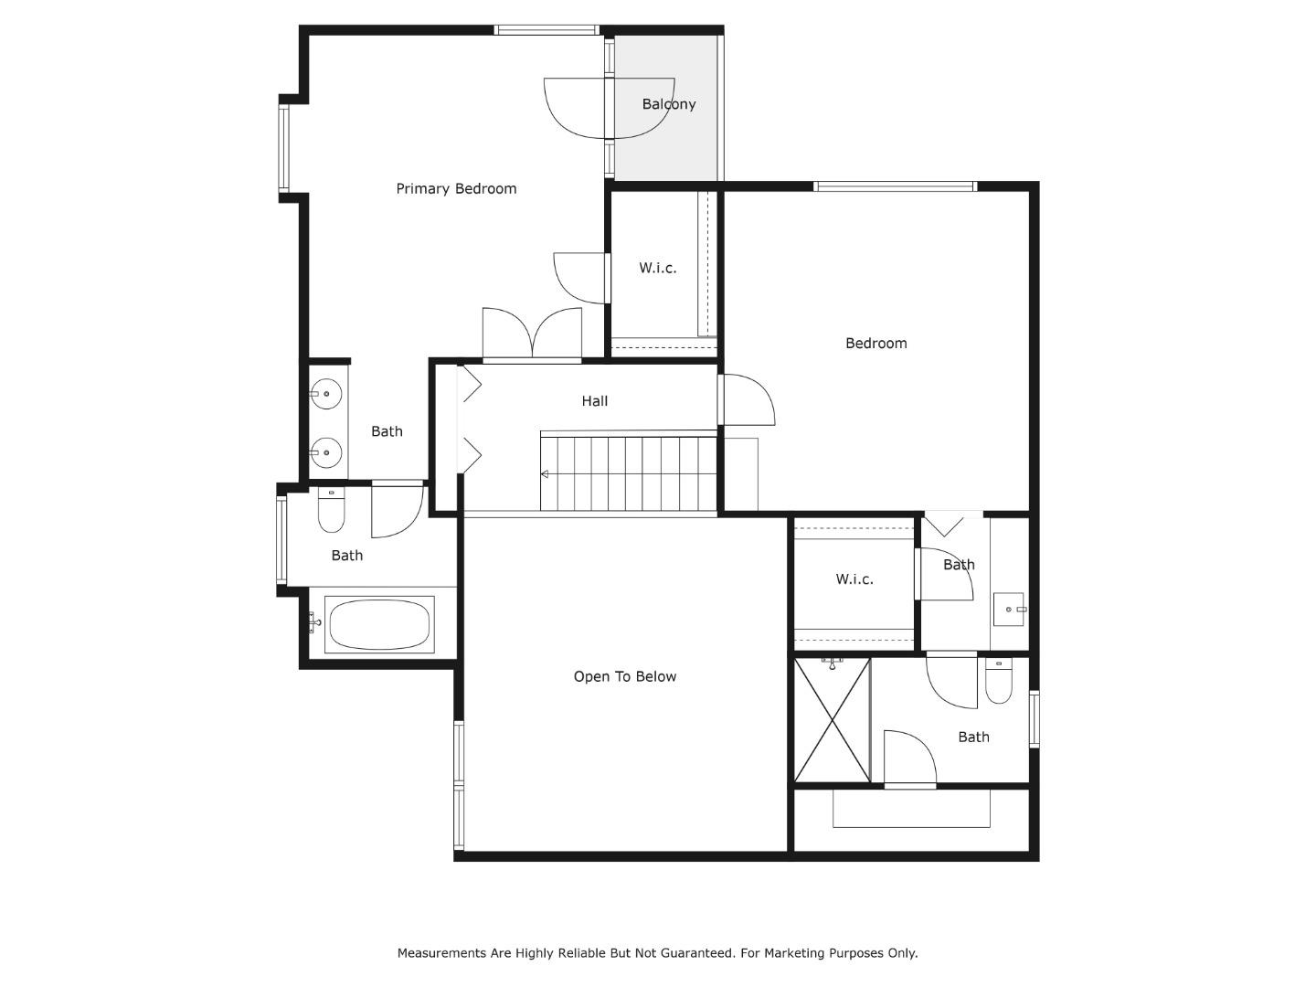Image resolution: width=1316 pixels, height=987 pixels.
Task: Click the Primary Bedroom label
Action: [x=456, y=189]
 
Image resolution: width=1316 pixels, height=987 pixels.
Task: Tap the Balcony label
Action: [x=668, y=104]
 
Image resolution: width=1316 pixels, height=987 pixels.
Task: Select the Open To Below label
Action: [x=624, y=677]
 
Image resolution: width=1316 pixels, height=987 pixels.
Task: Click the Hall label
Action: [x=594, y=401]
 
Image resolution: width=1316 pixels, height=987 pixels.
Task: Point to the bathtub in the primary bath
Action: [x=378, y=625]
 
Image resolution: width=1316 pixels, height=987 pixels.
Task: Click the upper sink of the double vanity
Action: [x=325, y=395]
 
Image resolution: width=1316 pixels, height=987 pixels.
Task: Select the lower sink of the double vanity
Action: [x=325, y=452]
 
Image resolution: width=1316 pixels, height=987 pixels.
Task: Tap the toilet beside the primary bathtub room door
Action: [x=331, y=512]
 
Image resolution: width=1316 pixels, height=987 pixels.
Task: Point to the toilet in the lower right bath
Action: [x=998, y=683]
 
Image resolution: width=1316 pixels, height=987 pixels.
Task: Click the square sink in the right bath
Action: [x=1009, y=609]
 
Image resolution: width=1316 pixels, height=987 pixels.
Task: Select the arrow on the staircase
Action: [x=546, y=474]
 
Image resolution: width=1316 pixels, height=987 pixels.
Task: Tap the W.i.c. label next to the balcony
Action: [x=657, y=269]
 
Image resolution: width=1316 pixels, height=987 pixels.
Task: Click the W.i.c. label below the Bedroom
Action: [x=854, y=579]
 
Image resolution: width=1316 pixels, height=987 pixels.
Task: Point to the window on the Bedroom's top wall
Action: [x=895, y=187]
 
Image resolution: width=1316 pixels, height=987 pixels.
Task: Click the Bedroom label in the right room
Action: [x=876, y=344]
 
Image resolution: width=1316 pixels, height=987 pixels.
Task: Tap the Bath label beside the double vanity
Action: [x=387, y=431]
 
